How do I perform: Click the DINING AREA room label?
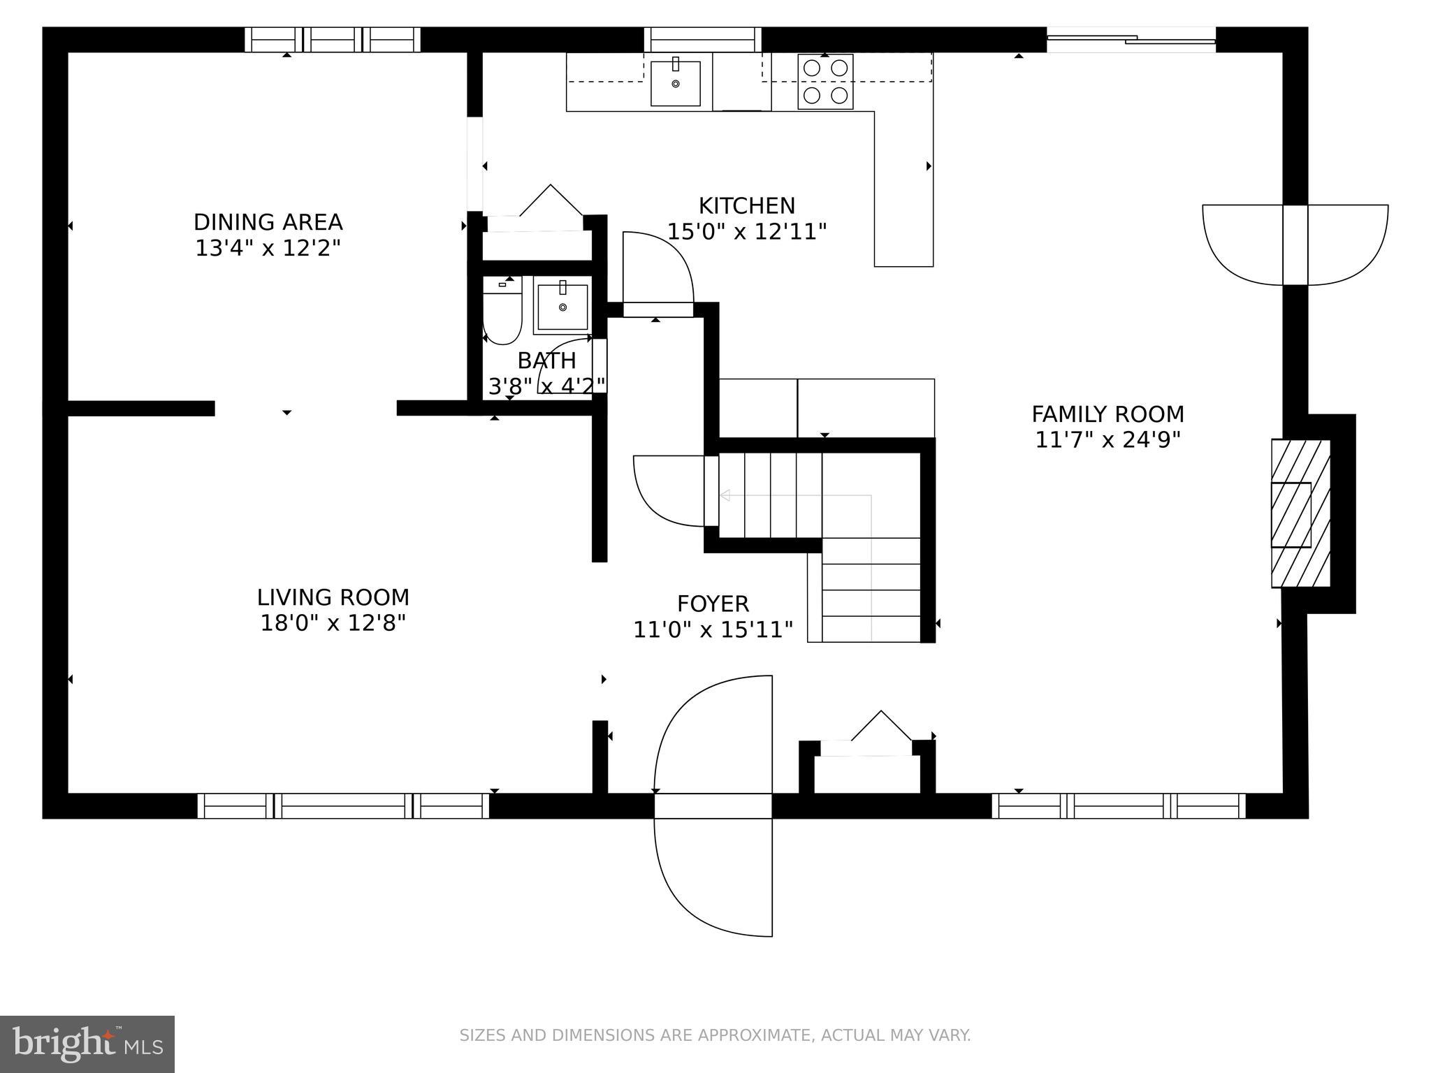[x=268, y=222]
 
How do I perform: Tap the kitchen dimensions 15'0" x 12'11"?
[x=746, y=231]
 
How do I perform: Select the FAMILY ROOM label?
[x=1107, y=414]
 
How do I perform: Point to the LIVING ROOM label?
[x=333, y=597]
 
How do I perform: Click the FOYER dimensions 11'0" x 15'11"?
[x=713, y=629]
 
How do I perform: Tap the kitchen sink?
[x=675, y=83]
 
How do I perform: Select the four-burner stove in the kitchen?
[x=825, y=81]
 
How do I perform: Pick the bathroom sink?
[x=562, y=306]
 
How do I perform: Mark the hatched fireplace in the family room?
[x=1299, y=513]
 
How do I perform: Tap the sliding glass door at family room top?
[x=1131, y=40]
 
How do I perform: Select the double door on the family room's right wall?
[x=1295, y=244]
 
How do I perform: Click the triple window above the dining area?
[x=333, y=40]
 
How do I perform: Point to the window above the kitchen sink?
[x=702, y=39]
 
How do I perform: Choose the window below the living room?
[x=343, y=805]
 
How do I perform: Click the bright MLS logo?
[x=87, y=1044]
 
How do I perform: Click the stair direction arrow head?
[x=725, y=495]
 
